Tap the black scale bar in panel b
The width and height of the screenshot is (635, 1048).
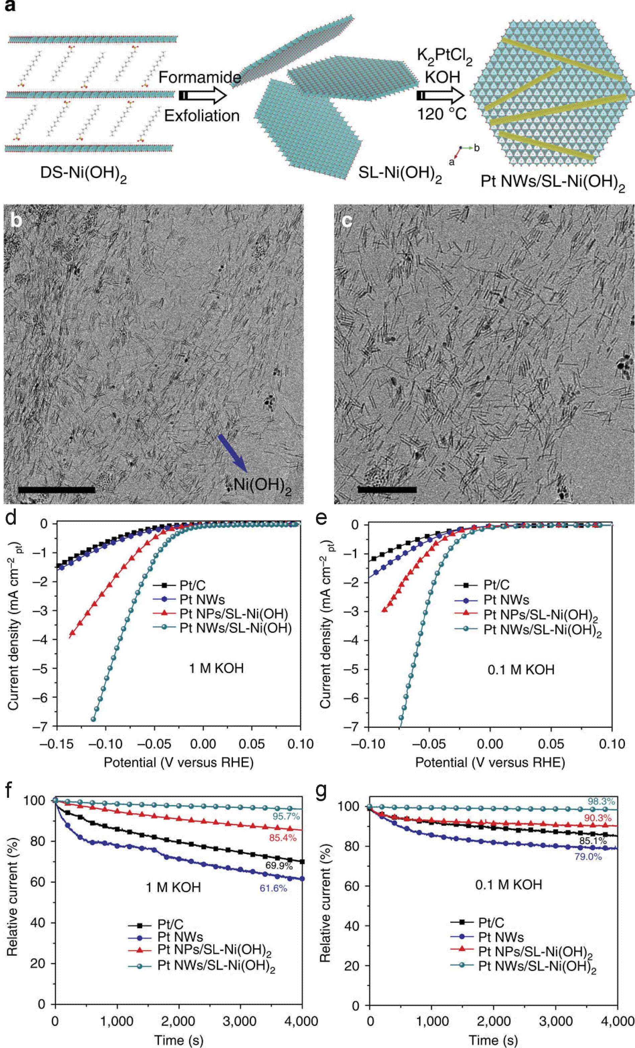(57, 490)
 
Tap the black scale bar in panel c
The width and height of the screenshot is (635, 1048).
(387, 490)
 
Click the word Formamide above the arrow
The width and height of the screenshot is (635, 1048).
(200, 77)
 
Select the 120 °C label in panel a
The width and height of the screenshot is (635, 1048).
(441, 114)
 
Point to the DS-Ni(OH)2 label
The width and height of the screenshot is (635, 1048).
(83, 174)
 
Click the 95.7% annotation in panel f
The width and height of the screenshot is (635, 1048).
(286, 816)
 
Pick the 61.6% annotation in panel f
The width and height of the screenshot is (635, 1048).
(273, 888)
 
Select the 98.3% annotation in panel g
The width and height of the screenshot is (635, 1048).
(601, 802)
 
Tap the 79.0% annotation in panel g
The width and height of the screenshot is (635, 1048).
(588, 857)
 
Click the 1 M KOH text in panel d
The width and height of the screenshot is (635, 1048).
(216, 668)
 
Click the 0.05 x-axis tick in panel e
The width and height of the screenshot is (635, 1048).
(551, 744)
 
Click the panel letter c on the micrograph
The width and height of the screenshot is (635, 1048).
(347, 220)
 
